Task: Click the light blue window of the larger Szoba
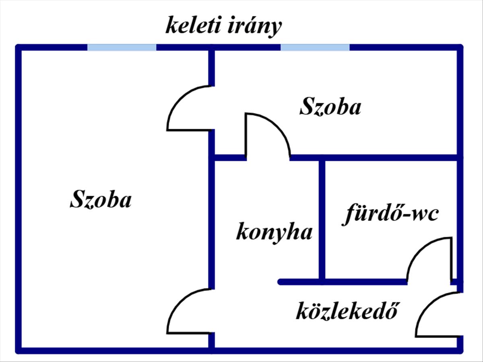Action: (122, 47)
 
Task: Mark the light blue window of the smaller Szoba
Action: (315, 47)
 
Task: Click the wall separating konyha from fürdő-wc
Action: (322, 220)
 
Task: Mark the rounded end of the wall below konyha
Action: (281, 282)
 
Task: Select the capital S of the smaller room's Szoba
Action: (307, 106)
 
